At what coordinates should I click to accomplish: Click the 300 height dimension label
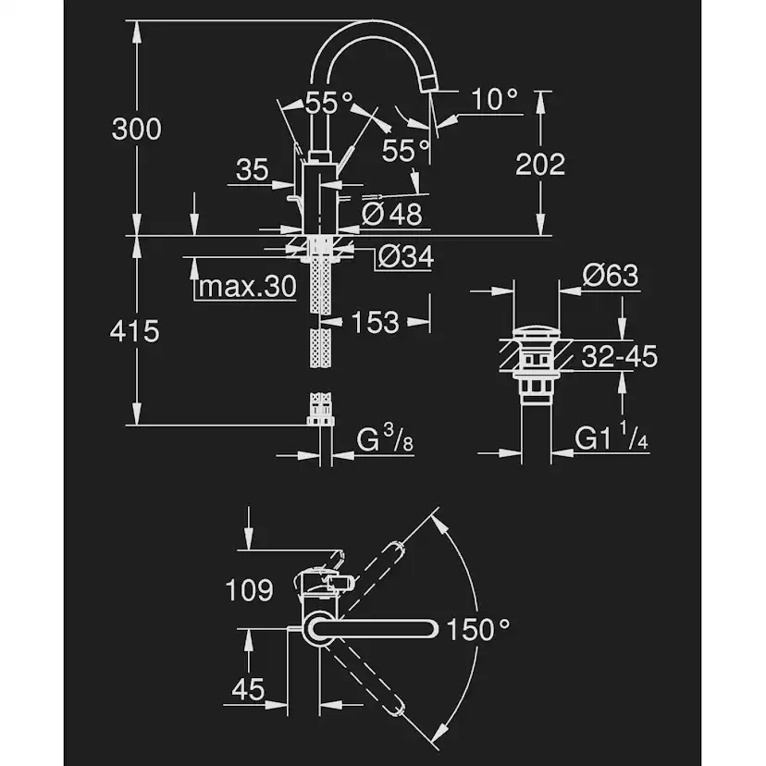[136, 130]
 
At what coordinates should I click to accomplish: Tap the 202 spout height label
[539, 165]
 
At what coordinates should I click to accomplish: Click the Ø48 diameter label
[391, 214]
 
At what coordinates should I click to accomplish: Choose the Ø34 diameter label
[404, 256]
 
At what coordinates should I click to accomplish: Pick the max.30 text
[246, 287]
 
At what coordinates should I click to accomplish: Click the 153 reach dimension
[375, 322]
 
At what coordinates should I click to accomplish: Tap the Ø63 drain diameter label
[611, 277]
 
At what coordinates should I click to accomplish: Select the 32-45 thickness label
[620, 355]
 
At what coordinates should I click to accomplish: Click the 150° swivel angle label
[477, 631]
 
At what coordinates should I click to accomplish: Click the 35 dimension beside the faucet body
[252, 169]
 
